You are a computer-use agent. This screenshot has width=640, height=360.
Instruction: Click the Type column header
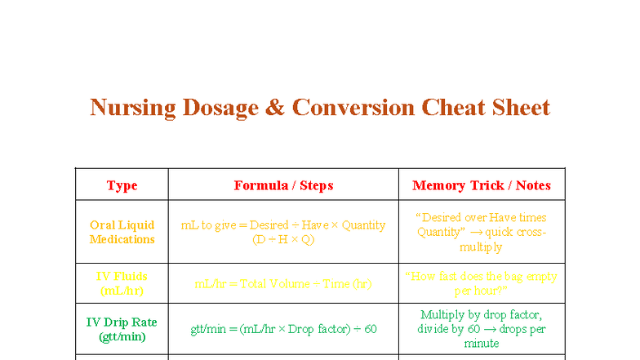122,185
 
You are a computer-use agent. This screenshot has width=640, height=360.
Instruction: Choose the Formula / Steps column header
283,185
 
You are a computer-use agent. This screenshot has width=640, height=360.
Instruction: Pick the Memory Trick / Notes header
481,185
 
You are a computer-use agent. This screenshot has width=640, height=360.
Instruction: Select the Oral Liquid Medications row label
122,232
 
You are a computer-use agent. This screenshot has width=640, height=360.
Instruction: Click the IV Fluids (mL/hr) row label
122,283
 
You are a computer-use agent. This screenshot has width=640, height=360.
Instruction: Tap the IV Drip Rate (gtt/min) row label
122,329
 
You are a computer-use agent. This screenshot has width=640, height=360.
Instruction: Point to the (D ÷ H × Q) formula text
283,240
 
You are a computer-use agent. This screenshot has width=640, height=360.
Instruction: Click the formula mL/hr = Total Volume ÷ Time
283,284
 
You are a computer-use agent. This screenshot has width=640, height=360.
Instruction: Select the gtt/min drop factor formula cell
283,329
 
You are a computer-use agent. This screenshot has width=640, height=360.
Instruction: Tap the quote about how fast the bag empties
481,283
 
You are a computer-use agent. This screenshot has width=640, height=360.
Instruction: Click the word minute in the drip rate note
481,344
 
